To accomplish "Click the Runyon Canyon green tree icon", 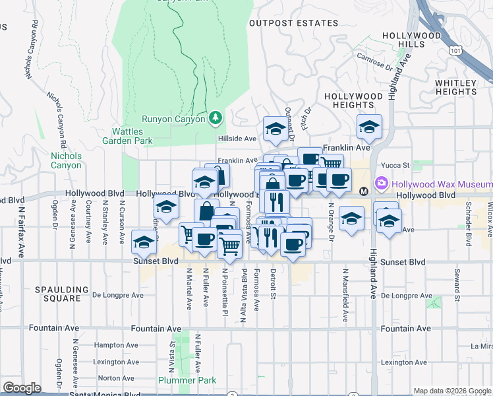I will [x=215, y=118].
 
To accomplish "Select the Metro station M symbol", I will [x=363, y=191].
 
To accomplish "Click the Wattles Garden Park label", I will [x=128, y=136].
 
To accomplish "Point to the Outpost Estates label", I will [x=293, y=23].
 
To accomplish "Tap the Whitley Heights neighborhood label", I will [x=455, y=87].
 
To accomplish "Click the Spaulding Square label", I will [x=63, y=294].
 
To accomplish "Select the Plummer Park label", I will [x=187, y=380].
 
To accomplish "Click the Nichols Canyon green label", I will [x=66, y=160].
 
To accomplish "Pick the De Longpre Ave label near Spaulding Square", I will [x=117, y=295].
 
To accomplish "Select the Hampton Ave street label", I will [x=116, y=345].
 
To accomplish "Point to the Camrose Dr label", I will [x=376, y=59].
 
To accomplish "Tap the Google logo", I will [x=22, y=388].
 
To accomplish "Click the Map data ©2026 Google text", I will [x=453, y=391].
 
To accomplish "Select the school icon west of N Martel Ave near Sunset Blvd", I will [x=144, y=242].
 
